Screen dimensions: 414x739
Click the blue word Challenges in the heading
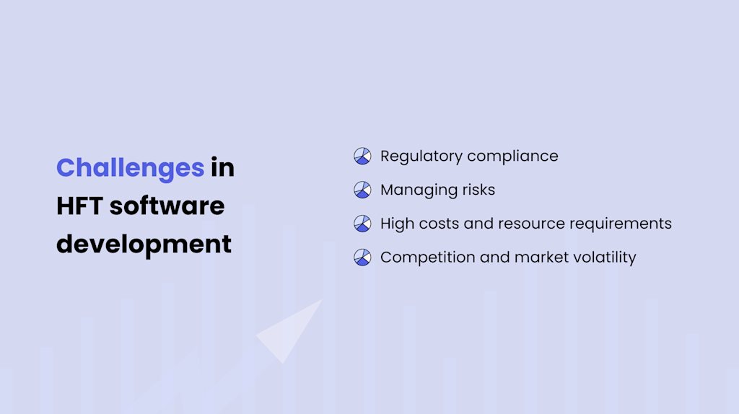coord(130,168)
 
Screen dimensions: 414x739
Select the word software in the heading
coord(167,206)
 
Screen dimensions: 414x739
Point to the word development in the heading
coord(144,245)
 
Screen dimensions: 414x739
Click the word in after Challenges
coord(222,168)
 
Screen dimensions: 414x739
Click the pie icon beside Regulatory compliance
coord(362,156)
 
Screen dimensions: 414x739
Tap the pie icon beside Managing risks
coord(362,190)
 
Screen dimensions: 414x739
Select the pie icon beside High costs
coord(362,224)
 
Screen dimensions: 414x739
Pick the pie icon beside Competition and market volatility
coord(362,257)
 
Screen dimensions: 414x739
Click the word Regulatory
coord(421,156)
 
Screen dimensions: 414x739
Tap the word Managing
coord(415,190)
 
